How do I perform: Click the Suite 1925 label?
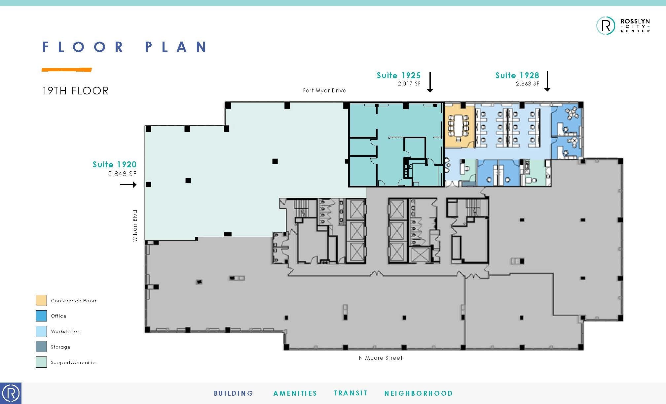pos(398,75)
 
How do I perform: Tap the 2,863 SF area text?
pos(527,84)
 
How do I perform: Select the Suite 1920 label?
pos(114,164)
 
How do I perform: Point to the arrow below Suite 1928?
pos(547,81)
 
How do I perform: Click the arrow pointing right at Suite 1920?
pos(128,185)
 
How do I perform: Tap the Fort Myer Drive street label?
pos(324,90)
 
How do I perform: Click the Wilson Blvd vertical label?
pos(135,225)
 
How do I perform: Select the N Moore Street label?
pos(381,358)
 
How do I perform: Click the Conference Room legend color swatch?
pos(41,300)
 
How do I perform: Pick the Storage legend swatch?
pos(41,347)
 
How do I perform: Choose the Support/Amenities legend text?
pos(74,362)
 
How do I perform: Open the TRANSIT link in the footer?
pos(351,393)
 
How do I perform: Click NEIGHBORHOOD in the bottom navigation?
pos(418,393)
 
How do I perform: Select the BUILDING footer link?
pos(234,393)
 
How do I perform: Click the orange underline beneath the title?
pos(66,70)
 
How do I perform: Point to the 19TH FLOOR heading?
pos(75,91)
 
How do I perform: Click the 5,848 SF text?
pos(122,174)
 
